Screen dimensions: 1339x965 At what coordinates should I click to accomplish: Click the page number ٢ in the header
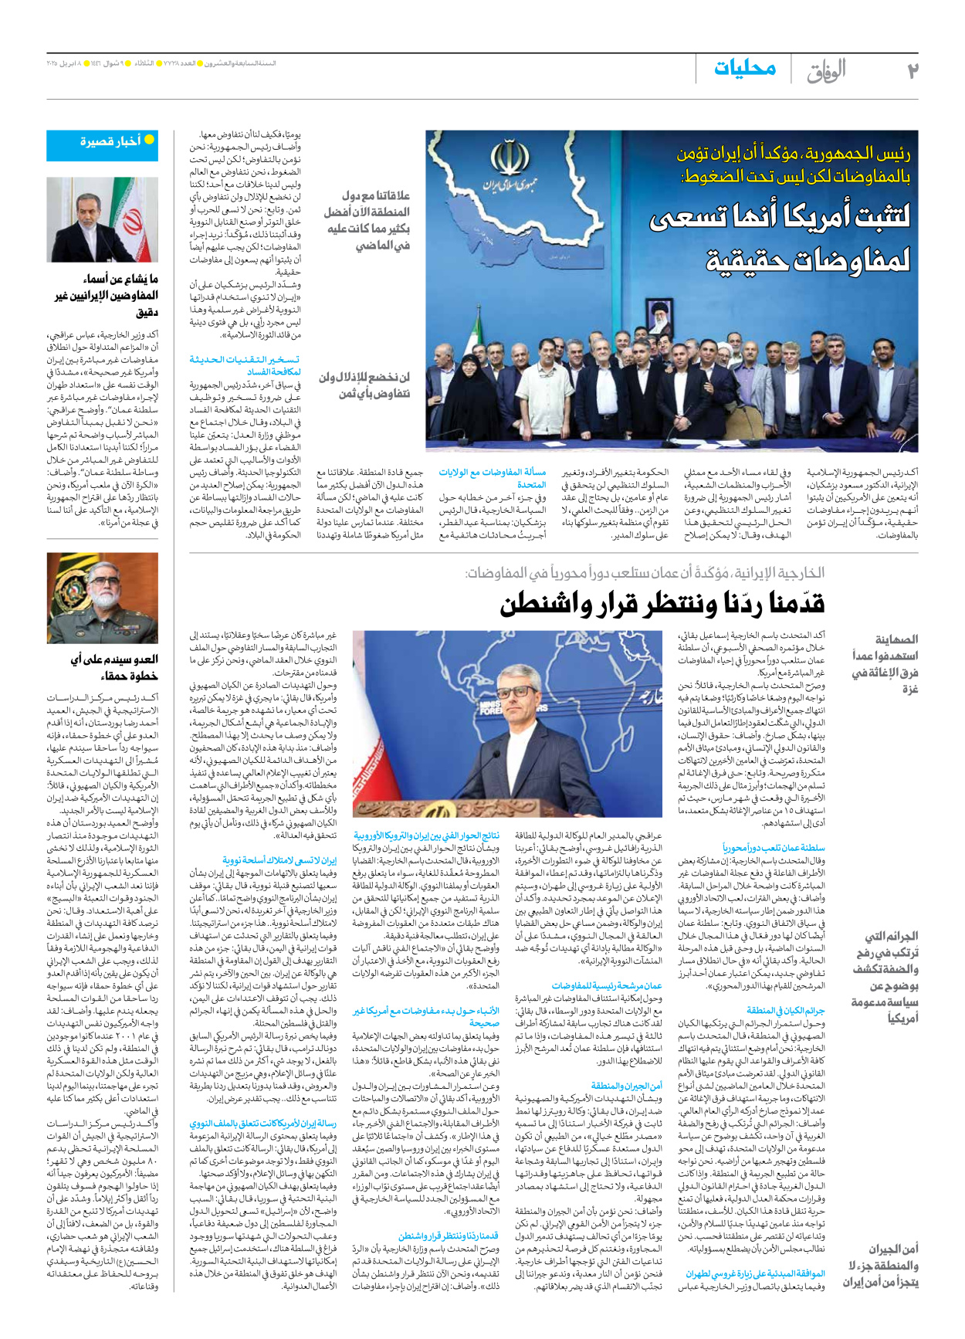(913, 71)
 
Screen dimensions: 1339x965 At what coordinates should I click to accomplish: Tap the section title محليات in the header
(744, 69)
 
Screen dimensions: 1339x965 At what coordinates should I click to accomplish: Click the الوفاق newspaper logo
(826, 71)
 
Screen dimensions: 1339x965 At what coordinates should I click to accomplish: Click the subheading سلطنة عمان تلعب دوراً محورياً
(773, 847)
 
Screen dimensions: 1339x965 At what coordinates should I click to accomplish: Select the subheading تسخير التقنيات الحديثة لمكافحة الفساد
(245, 365)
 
